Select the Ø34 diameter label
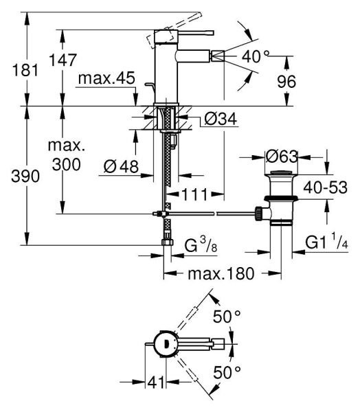[220, 119]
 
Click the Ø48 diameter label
[120, 165]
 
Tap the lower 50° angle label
[227, 371]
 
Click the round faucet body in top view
[164, 343]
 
